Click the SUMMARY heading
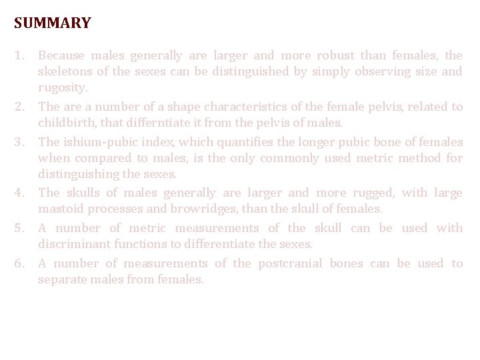(x=52, y=23)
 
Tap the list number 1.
(x=19, y=56)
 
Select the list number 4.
(x=19, y=193)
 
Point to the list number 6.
(x=19, y=263)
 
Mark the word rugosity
(x=63, y=88)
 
